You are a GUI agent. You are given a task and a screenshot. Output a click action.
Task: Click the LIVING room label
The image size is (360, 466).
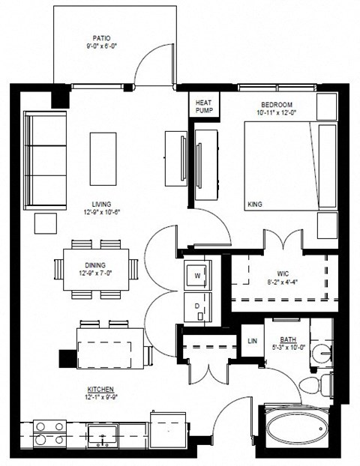click(x=102, y=204)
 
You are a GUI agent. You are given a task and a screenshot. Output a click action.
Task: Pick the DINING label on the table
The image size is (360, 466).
click(x=95, y=264)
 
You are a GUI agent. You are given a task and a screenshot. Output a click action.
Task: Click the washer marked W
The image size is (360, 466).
click(x=199, y=275)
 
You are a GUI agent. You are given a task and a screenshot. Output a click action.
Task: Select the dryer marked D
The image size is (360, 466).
click(x=199, y=306)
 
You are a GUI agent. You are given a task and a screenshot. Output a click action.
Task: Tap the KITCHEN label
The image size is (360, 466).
click(x=101, y=390)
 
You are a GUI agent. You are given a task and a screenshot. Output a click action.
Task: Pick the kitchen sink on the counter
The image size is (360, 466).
click(x=101, y=435)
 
